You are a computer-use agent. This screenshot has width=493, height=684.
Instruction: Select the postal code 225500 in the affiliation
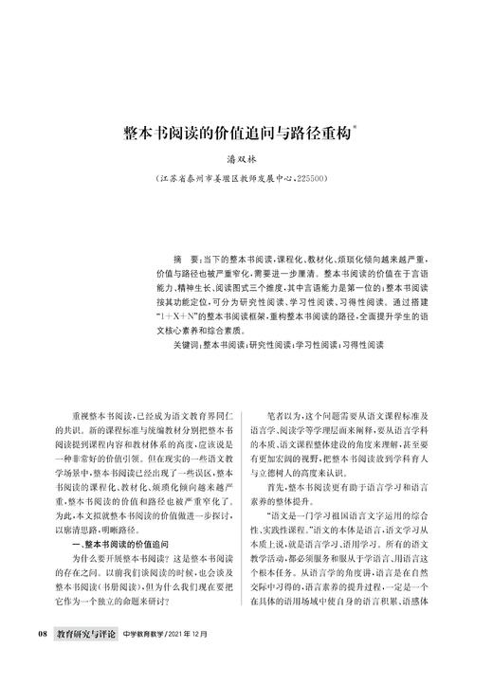click(311, 178)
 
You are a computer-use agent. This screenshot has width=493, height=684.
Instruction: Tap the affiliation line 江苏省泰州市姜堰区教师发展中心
click(228, 178)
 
